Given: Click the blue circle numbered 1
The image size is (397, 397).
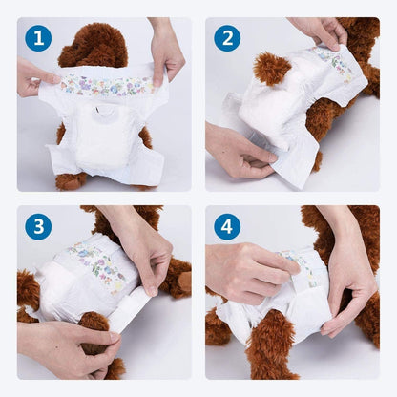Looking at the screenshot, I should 38,38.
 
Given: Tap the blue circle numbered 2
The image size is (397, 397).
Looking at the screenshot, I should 227,38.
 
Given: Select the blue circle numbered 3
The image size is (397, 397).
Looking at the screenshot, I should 38,226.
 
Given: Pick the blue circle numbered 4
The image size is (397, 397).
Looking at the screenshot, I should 227,226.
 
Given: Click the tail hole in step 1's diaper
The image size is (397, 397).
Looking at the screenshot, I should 104,113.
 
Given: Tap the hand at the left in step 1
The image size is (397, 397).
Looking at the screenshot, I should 34,77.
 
